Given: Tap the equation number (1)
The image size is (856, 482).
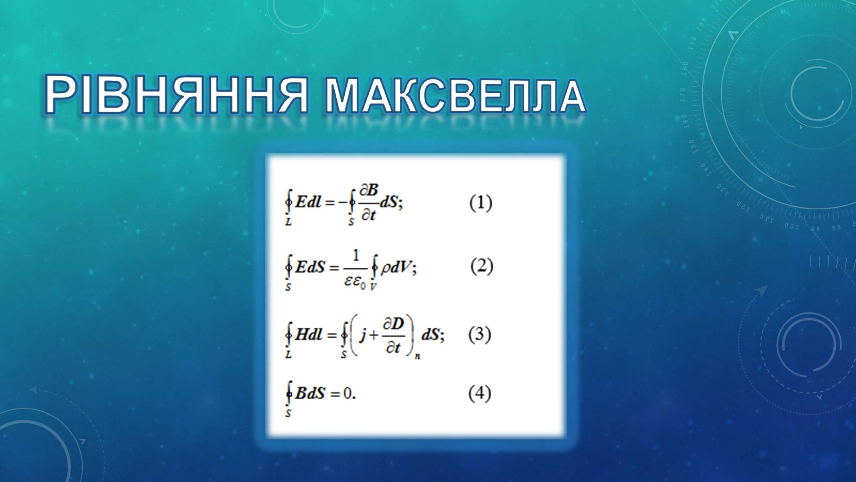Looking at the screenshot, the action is coord(480,203).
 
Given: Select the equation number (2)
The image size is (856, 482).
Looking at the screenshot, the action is coord(482,266).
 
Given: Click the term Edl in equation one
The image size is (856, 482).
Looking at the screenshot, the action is coord(309,202).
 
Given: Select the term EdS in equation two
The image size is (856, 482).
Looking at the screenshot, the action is coord(310,267).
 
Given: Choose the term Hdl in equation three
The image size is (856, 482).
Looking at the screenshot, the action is coord(309,335).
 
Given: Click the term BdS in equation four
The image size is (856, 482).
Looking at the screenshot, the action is coord(310,393).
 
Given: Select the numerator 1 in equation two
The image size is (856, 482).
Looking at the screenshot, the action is coord(356,255).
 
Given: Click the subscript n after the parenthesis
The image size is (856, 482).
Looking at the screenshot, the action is coord(417,355).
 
